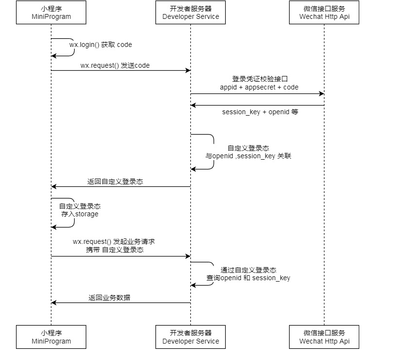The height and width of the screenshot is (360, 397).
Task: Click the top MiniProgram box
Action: click(x=51, y=13)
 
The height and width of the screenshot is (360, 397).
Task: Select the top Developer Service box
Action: click(x=190, y=13)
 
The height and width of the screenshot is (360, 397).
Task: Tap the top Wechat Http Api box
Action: click(x=324, y=13)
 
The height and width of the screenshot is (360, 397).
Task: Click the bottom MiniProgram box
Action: click(x=51, y=337)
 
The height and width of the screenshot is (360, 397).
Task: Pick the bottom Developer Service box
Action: click(x=190, y=337)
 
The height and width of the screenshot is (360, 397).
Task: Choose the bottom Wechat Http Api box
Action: click(x=324, y=337)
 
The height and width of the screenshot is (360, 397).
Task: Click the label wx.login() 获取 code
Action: click(x=100, y=45)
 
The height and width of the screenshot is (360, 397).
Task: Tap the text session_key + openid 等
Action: click(x=260, y=112)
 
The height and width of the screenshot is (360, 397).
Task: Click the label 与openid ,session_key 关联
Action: click(x=248, y=156)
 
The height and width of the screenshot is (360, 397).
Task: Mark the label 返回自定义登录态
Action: click(x=115, y=182)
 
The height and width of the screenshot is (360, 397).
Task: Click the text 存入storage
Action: click(x=79, y=214)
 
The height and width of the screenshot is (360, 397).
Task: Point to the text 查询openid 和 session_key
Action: click(x=248, y=278)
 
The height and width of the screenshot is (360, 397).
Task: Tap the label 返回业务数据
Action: click(x=109, y=298)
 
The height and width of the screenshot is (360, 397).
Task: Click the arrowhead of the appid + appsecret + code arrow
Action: click(x=321, y=94)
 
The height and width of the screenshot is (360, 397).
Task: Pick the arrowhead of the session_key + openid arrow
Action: click(x=193, y=105)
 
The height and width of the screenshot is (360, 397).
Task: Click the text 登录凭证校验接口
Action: click(x=257, y=79)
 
